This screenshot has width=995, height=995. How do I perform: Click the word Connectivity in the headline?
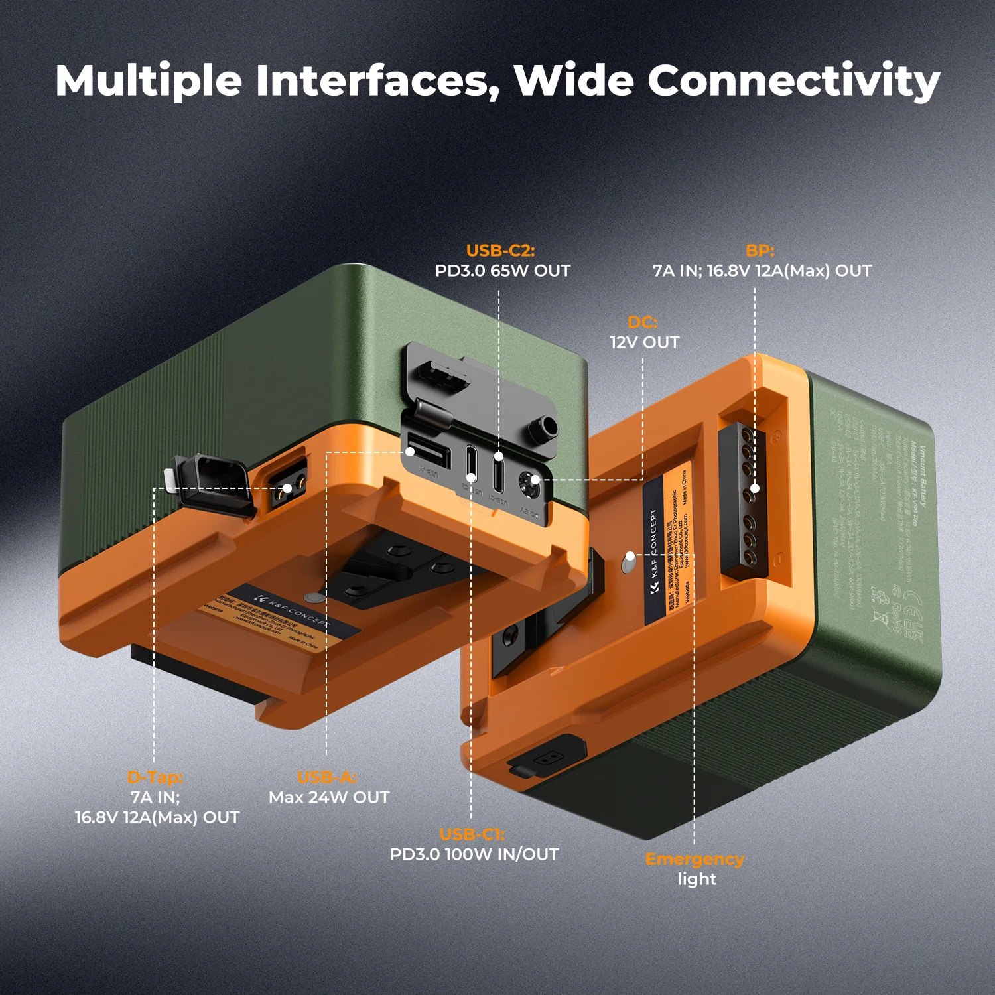pos(793,81)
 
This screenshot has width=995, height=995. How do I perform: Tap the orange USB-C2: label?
pos(500,251)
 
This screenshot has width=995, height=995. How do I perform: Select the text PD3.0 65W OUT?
pos(502,271)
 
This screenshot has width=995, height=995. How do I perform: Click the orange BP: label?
pos(760,251)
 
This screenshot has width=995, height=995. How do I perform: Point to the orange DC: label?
pos(642,322)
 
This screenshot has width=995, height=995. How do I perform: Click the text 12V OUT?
pos(644,342)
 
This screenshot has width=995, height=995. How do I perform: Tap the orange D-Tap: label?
pos(155,777)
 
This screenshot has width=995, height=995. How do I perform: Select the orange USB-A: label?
pos(327,777)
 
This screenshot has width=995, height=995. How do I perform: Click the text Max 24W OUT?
pos(329,797)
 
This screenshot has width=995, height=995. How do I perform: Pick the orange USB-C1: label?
pos(472,834)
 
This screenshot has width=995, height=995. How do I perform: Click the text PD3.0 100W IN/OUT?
pos(474,854)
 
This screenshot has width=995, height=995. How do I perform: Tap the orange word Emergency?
pos(695,859)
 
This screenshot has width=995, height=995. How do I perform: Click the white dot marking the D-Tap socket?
pos(287,488)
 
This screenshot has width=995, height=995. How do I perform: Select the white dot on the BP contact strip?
pos(755,488)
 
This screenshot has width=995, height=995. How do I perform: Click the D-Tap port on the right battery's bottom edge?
pos(546,758)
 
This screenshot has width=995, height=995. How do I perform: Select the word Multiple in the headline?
pos(149,81)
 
